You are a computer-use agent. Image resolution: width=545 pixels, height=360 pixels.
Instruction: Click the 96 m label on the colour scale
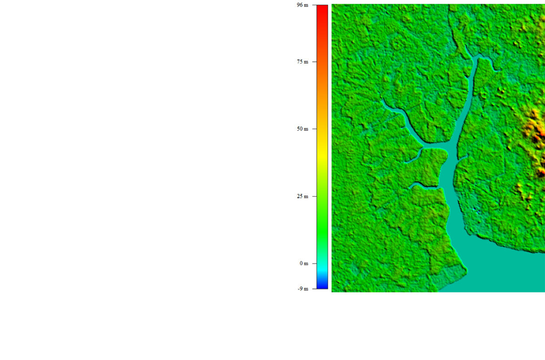pyautogui.click(x=302, y=5)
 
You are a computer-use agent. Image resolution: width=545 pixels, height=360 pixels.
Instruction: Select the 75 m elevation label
pyautogui.click(x=302, y=62)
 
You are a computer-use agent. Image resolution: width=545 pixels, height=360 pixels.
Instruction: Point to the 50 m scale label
pyautogui.click(x=302, y=129)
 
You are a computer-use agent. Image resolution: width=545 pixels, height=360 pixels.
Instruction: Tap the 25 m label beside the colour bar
pyautogui.click(x=302, y=196)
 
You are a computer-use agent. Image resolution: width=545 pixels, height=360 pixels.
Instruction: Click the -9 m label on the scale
pyautogui.click(x=303, y=289)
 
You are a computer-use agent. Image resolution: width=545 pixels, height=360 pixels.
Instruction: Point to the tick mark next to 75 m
pyautogui.click(x=313, y=62)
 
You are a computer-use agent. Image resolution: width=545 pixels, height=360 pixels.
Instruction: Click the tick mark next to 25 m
pyautogui.click(x=313, y=196)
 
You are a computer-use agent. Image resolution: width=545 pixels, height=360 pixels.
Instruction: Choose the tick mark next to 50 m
pyautogui.click(x=313, y=129)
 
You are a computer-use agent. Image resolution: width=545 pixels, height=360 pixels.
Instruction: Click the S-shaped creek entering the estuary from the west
pyautogui.click(x=422, y=185)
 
